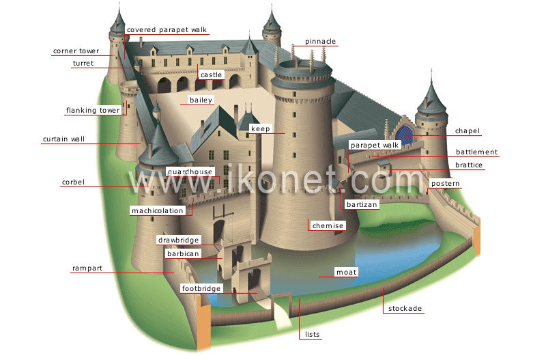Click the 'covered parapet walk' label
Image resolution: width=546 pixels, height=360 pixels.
click(x=167, y=30)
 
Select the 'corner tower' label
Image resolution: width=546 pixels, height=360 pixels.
click(x=76, y=51)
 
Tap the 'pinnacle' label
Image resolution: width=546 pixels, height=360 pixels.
click(x=320, y=42)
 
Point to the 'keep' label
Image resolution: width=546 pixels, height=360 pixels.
click(x=261, y=128)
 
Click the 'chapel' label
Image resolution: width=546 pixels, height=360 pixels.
click(x=468, y=131)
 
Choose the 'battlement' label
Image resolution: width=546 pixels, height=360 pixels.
click(x=476, y=152)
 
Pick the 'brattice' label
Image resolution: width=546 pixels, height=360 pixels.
click(x=469, y=165)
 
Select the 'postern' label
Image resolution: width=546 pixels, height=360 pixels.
click(x=446, y=184)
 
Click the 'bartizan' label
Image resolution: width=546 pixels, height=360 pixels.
click(x=362, y=204)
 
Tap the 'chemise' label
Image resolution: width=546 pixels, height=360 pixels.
click(x=328, y=225)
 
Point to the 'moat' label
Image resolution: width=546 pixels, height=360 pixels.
click(x=347, y=273)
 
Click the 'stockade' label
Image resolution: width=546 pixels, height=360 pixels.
click(x=405, y=309)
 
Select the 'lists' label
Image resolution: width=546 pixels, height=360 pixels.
click(x=313, y=335)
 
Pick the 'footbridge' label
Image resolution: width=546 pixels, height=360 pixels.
click(x=201, y=289)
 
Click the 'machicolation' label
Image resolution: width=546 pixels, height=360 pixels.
click(x=158, y=210)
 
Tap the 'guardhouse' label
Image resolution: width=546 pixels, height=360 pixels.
click(x=190, y=171)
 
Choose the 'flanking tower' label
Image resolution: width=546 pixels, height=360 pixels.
click(x=93, y=110)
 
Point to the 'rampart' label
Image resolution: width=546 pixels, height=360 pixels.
click(x=87, y=268)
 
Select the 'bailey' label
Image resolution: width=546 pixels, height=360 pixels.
click(x=201, y=100)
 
